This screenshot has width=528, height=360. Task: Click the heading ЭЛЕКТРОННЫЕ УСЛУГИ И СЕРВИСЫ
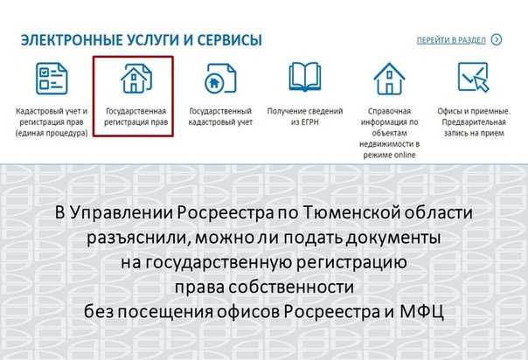[x=142, y=41]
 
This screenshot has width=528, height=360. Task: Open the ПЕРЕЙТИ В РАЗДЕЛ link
[x=451, y=39]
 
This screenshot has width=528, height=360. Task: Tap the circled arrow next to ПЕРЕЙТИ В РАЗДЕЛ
[x=497, y=39]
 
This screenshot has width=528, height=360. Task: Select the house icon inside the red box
[x=132, y=80]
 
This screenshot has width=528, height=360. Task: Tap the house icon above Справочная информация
[x=389, y=80]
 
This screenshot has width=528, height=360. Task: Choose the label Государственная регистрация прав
[x=134, y=118]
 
